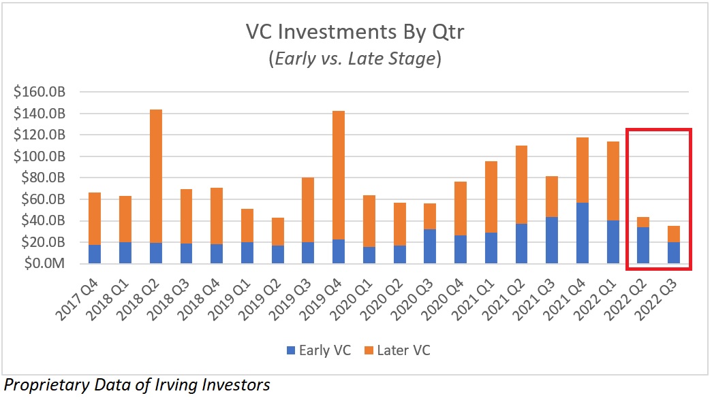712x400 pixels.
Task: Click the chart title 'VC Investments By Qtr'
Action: [355, 32]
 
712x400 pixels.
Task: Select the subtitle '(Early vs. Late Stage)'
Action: [355, 59]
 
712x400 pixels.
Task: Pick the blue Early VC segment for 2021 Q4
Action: [583, 233]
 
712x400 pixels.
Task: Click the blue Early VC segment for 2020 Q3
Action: [431, 246]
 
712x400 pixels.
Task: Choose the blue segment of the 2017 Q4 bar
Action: [94, 254]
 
